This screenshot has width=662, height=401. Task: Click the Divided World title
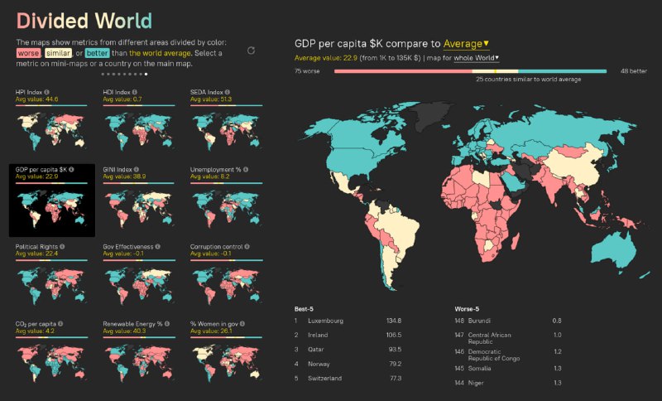click(x=84, y=21)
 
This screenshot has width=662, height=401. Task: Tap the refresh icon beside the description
click(x=251, y=51)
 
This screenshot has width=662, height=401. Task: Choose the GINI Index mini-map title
click(x=118, y=169)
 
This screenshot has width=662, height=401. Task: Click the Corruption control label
click(x=217, y=246)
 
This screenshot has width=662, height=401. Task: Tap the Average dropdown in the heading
click(x=466, y=43)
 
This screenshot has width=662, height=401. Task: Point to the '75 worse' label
click(x=307, y=72)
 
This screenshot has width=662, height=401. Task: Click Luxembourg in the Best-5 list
click(x=324, y=321)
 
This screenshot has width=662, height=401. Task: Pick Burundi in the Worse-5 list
click(x=480, y=321)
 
